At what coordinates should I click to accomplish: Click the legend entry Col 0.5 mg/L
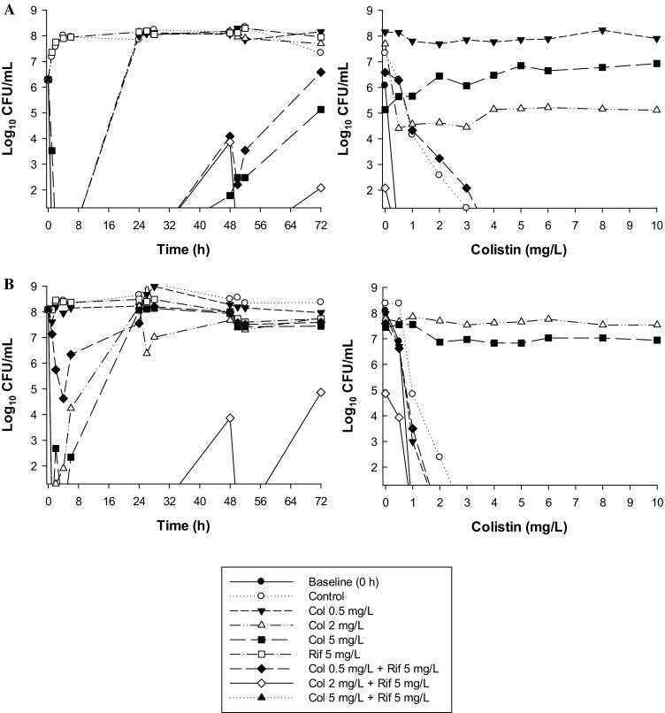336,609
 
